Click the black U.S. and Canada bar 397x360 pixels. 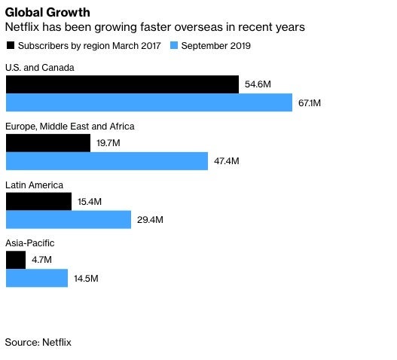click(122, 84)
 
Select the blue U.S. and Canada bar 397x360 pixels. click(148, 102)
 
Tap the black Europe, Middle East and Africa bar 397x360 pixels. click(48, 143)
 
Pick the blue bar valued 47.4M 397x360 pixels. click(106, 161)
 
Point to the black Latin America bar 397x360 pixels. click(38, 202)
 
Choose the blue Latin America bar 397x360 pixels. click(69, 220)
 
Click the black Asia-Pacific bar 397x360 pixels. click(15, 261)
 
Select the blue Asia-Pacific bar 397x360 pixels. click(37, 279)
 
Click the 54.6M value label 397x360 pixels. click(258, 85)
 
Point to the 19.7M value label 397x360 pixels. click(108, 144)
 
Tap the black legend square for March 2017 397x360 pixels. click(10, 46)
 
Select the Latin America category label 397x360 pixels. click(34, 185)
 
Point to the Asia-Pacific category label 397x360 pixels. click(30, 243)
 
